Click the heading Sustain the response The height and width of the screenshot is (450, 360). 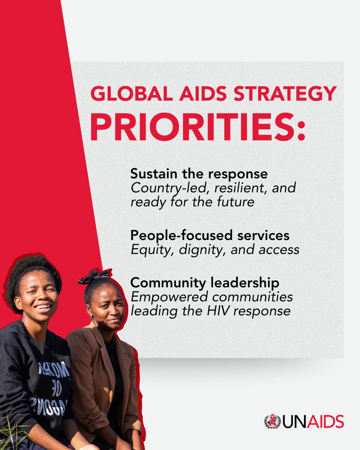pyautogui.click(x=199, y=174)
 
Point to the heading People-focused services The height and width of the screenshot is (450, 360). pyautogui.click(x=210, y=235)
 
